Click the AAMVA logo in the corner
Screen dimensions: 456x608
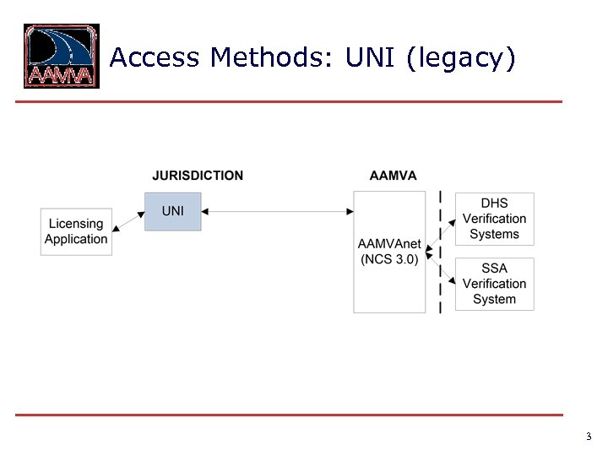tap(61, 56)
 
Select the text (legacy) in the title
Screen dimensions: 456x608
tap(460, 58)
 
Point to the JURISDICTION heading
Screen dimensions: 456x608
tap(198, 176)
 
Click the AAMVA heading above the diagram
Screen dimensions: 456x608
tap(393, 176)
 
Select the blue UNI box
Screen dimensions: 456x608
tap(172, 211)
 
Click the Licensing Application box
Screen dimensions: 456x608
tap(76, 231)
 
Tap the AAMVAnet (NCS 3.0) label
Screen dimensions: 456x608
tap(389, 252)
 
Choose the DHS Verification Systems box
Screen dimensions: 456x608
tap(494, 219)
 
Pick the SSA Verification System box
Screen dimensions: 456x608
tap(494, 284)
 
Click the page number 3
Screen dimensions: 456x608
tap(588, 437)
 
